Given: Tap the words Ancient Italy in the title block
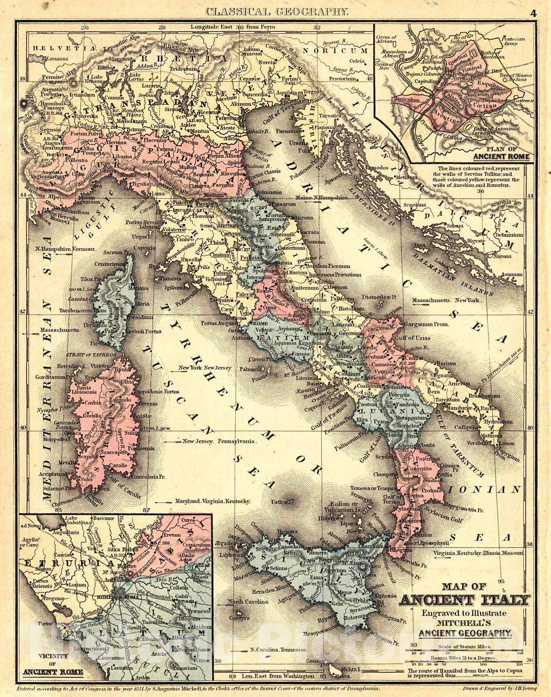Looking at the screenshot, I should click(465, 601).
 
